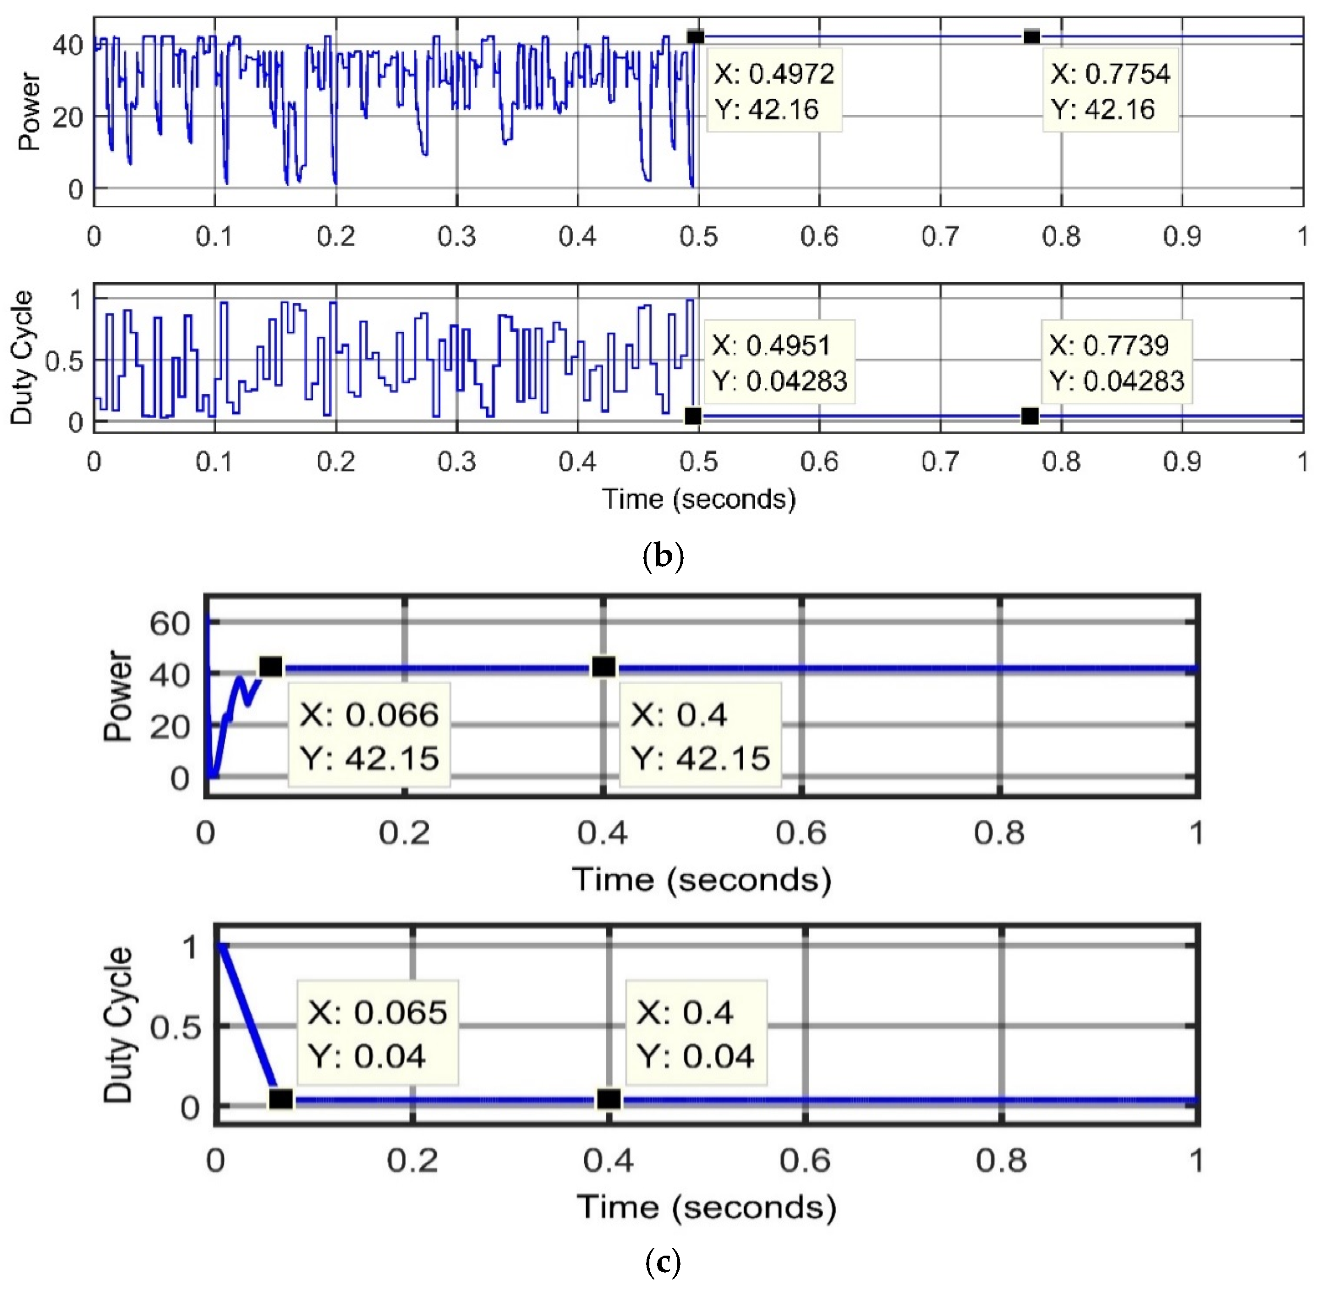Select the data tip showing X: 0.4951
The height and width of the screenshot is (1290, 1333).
779,363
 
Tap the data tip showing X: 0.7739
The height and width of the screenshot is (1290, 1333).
1116,363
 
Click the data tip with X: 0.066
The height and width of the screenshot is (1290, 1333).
369,736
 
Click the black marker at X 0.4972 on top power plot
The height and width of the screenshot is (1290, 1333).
695,37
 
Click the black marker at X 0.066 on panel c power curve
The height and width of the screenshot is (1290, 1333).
271,667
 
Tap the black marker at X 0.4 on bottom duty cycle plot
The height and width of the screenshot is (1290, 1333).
609,1099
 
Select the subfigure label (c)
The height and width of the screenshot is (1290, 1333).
663,1263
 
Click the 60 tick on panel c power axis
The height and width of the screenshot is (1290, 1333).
170,623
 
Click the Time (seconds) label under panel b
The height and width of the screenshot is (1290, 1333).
698,499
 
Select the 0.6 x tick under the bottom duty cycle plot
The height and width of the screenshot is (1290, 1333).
805,1161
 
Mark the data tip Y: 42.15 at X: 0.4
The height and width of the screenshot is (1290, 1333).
701,736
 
